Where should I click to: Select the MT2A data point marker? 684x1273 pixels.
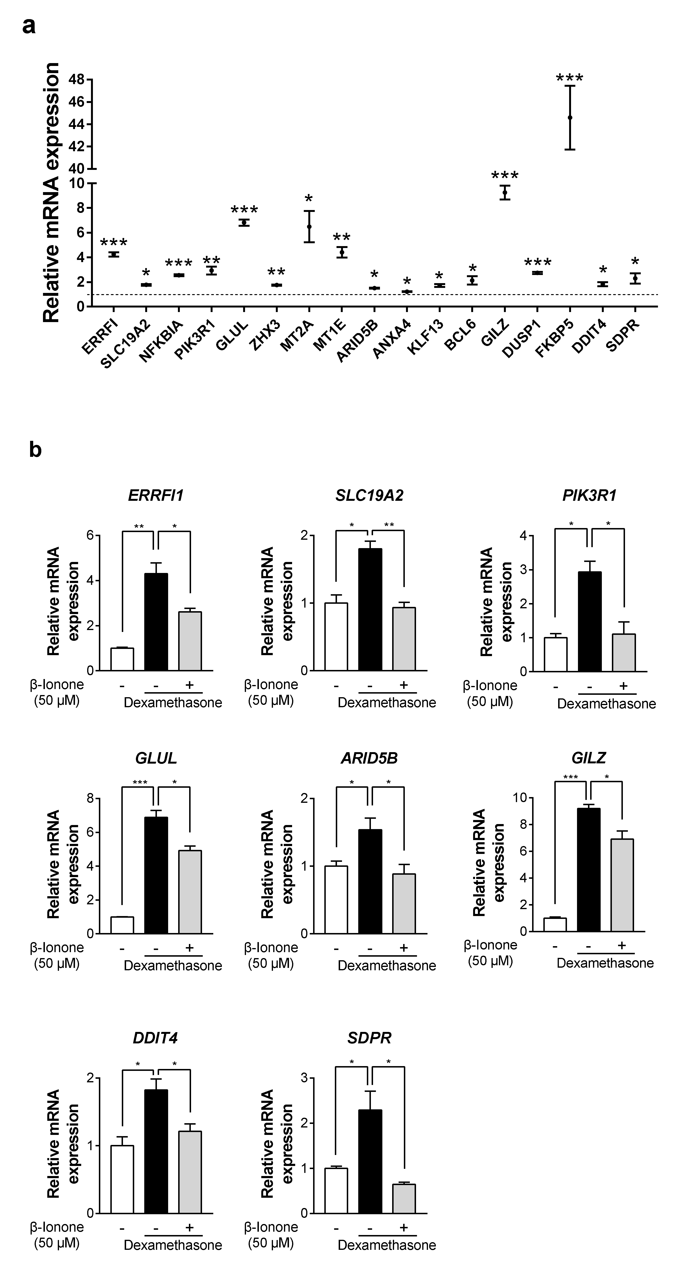[x=309, y=226]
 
